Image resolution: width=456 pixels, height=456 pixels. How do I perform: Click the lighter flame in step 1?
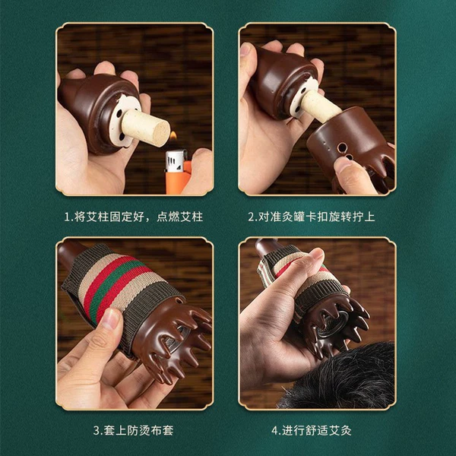coord(173,135)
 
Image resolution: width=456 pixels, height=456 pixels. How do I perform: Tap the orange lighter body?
coord(178,180)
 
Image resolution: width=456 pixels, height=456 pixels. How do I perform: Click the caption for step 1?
coord(134,217)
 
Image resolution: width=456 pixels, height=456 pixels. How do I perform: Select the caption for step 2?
coord(312,217)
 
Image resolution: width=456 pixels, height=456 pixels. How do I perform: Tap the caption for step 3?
coord(134,430)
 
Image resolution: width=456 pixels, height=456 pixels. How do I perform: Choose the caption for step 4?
coord(312,430)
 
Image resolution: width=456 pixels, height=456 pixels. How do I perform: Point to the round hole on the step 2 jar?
coord(341,147)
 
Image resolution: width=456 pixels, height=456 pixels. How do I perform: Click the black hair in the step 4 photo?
coord(340,378)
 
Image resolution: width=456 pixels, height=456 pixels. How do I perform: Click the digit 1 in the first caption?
coord(67,217)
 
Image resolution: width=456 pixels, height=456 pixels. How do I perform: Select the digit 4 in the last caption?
coord(275,431)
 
